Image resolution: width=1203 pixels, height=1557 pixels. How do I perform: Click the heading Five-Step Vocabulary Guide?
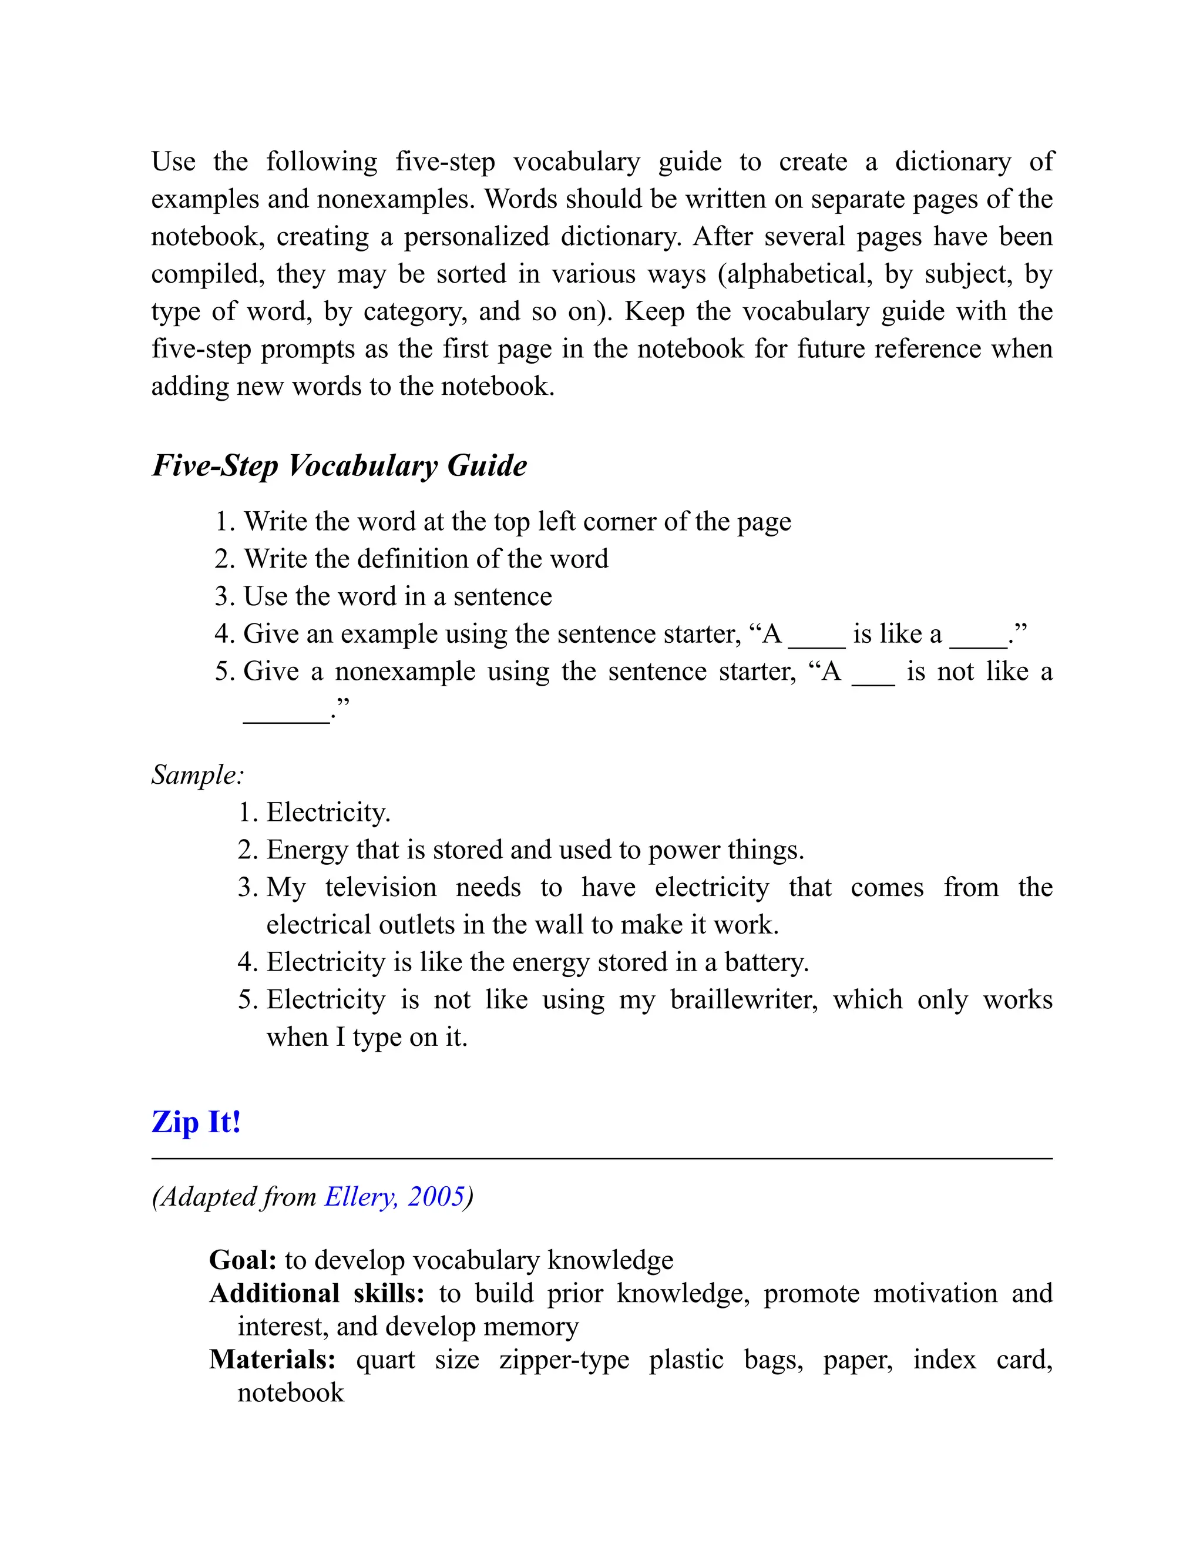[x=340, y=467]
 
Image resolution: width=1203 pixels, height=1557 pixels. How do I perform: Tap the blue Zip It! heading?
[x=196, y=1122]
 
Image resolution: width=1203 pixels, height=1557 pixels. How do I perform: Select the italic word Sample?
[x=197, y=775]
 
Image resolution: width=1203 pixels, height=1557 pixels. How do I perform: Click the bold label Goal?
[x=243, y=1260]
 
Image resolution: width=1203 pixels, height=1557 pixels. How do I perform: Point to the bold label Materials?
[x=272, y=1360]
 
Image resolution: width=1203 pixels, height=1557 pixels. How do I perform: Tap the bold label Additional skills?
[x=317, y=1293]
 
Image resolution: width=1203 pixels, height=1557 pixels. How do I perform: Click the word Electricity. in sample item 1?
[x=328, y=813]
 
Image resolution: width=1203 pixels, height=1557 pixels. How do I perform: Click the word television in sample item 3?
[x=381, y=888]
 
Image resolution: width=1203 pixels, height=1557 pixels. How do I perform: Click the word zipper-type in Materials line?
[x=564, y=1360]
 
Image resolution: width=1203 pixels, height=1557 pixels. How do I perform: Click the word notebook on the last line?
[x=291, y=1392]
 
